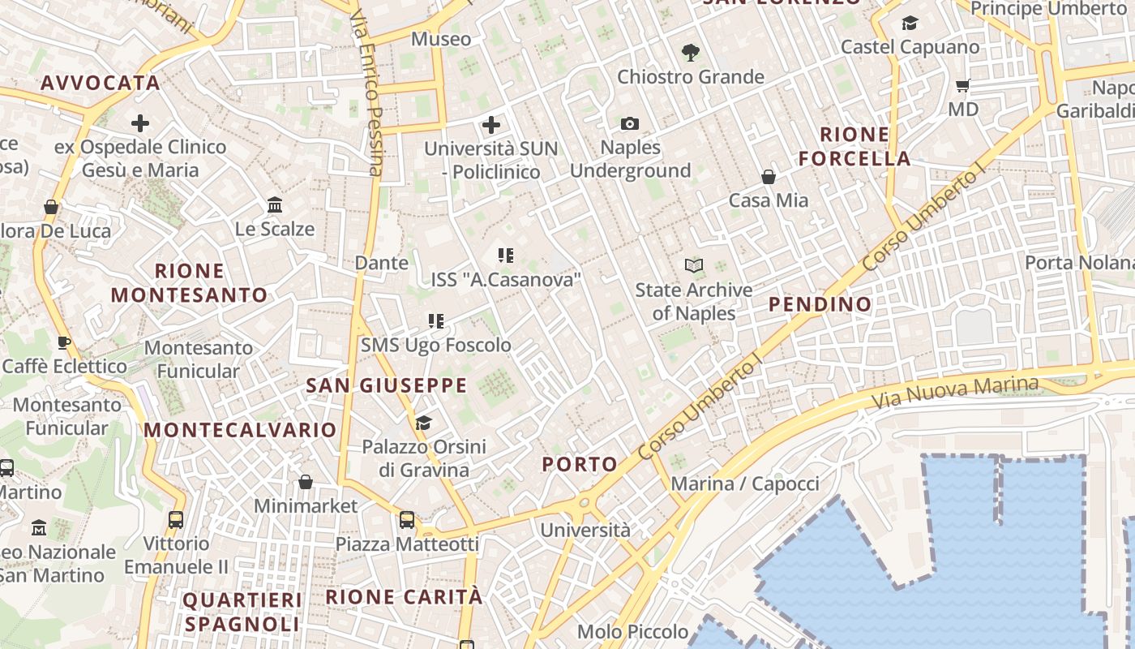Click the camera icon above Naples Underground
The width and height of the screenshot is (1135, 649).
pos(630,123)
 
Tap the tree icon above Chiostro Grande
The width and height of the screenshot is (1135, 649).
pos(691,53)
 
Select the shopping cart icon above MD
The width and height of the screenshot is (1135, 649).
pos(963,85)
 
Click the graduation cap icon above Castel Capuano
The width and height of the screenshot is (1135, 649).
pos(910,24)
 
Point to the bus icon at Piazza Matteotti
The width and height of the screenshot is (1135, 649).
pos(407,519)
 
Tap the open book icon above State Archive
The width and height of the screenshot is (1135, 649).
pos(693,265)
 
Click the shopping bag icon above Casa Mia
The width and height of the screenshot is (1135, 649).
pos(768,176)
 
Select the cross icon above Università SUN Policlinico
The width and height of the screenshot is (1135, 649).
pos(491,125)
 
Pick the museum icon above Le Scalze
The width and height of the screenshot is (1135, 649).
pos(275,204)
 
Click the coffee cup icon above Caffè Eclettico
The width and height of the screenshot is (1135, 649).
pos(64,342)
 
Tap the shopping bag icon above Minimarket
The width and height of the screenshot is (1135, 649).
pos(306,482)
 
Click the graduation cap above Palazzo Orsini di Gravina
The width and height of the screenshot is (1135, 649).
pos(423,423)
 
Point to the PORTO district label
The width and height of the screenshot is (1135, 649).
pos(580,464)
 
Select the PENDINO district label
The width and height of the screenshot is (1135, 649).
pos(820,304)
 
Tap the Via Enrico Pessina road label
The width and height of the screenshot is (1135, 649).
pos(367,93)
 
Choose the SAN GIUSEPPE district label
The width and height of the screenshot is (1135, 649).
pos(387,385)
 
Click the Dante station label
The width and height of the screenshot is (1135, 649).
pos(382,263)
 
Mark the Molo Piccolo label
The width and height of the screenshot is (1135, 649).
pos(632,631)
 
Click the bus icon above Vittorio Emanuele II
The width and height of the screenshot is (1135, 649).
pos(176,519)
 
